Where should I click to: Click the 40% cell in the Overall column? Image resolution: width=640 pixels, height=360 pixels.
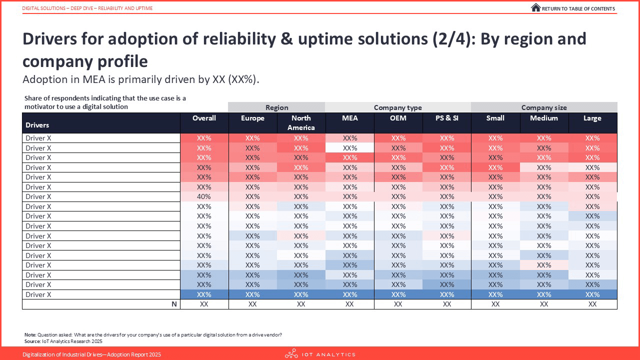[x=204, y=196]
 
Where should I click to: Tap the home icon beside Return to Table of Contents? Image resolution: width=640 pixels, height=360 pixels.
[x=535, y=7]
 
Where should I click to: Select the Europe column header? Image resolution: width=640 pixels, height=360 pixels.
[x=252, y=118]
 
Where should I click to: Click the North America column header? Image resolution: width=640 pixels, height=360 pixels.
[x=301, y=122]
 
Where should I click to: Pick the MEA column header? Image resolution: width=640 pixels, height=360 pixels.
[x=349, y=118]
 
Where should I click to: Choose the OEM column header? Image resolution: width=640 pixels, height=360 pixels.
[x=398, y=118]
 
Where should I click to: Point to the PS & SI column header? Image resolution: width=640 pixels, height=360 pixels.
[x=447, y=118]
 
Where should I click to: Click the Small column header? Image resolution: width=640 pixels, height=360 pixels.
[x=495, y=118]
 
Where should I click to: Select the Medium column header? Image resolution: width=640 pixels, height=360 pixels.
[x=544, y=118]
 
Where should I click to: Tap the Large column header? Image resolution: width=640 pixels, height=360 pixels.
[x=592, y=118]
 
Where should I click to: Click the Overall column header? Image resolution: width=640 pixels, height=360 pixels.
[x=204, y=118]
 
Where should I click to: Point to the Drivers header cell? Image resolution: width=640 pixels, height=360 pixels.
[x=37, y=125]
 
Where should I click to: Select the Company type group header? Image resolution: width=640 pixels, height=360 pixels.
[x=398, y=107]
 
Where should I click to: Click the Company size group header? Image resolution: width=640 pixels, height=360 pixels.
[x=544, y=107]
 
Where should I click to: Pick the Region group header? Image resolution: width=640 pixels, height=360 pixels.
[x=276, y=107]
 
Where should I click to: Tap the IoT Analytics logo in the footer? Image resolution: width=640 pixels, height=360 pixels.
[x=320, y=354]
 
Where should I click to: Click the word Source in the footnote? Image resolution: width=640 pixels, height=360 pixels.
[x=32, y=341]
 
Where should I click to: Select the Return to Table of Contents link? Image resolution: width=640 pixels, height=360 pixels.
[x=578, y=8]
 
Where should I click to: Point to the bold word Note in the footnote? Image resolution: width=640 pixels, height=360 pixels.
[x=29, y=334]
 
